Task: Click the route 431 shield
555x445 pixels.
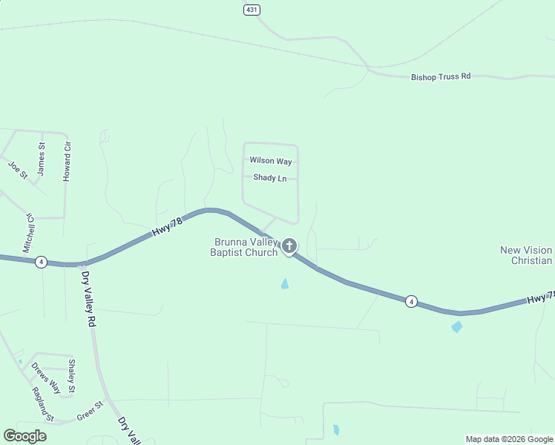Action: (x=252, y=9)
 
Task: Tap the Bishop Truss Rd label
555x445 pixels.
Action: (x=441, y=76)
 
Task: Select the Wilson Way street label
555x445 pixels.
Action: (x=271, y=160)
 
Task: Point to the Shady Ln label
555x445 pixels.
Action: (x=269, y=178)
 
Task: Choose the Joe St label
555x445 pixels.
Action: (x=18, y=171)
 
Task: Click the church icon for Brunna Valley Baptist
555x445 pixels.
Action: (x=289, y=245)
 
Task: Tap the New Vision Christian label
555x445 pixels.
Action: (x=526, y=255)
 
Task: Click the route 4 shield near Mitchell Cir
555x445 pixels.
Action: (x=42, y=262)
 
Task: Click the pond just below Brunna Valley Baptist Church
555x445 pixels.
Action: (x=285, y=283)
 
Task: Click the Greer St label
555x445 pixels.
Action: (x=89, y=416)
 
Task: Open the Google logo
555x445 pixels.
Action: (x=24, y=435)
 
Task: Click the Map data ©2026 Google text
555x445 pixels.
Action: (x=509, y=439)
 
